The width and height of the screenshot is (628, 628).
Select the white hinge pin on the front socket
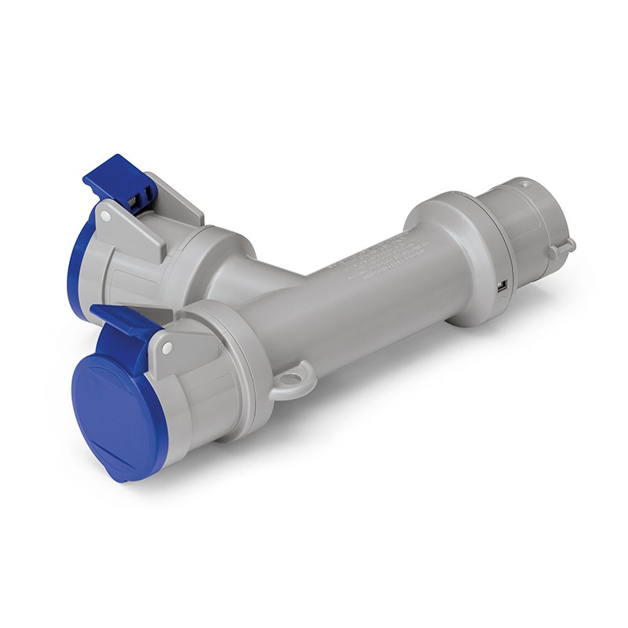click(166, 345)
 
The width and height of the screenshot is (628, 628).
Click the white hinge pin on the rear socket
click(105, 214)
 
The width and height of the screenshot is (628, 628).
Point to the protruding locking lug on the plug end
click(562, 248)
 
